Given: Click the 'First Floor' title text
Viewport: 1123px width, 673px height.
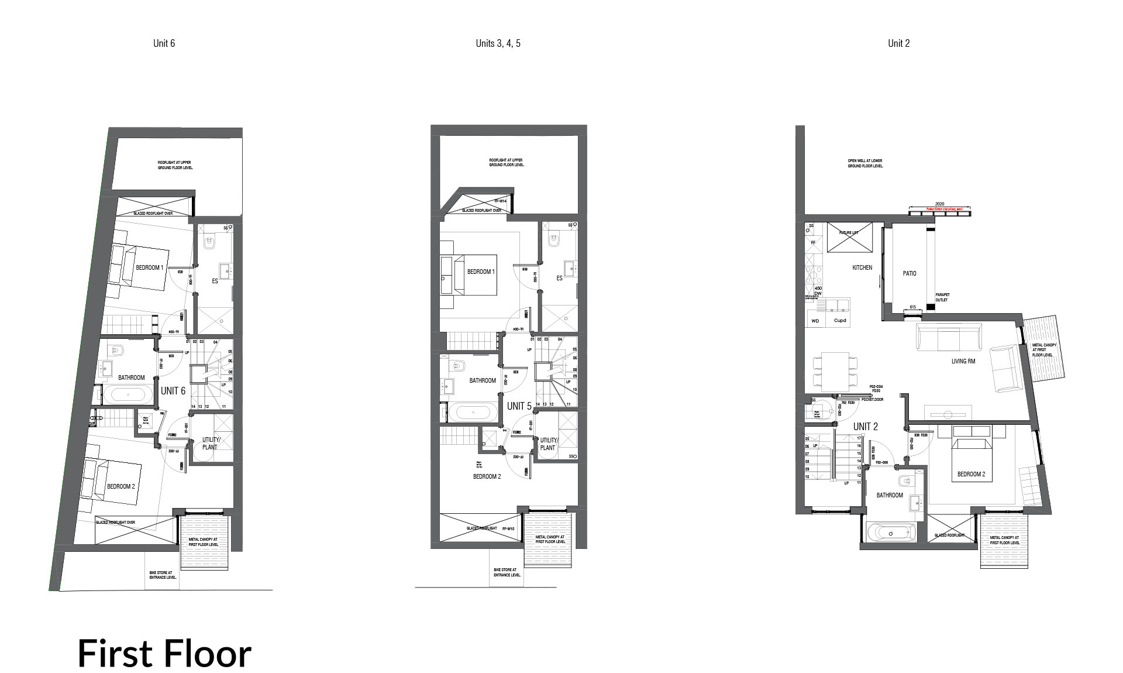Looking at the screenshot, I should [164, 654].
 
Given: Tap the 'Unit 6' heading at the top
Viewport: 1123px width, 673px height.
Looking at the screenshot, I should [164, 43].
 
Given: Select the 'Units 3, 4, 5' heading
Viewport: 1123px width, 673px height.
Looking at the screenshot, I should [498, 43].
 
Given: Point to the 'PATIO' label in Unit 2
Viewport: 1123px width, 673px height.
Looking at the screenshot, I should [910, 273].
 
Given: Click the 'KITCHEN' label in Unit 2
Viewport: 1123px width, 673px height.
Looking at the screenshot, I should [862, 267].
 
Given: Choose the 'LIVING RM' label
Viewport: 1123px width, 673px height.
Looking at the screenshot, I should [963, 361].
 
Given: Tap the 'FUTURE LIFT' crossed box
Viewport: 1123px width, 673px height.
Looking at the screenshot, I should [849, 237].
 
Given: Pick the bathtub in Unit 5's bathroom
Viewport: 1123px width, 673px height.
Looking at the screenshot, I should [473, 413].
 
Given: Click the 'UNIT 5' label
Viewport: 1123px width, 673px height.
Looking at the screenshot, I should [519, 406].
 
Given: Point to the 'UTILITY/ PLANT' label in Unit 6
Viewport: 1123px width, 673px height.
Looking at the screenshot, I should [211, 443].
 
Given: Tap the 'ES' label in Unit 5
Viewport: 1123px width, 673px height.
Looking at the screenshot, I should [559, 278].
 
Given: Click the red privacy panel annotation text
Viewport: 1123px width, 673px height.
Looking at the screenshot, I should [939, 208].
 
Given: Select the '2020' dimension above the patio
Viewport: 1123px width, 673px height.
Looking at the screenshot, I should [939, 204].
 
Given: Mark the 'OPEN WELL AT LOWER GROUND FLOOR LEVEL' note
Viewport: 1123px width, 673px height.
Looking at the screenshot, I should [865, 163].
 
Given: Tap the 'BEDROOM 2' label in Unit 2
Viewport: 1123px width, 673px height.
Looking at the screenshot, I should [971, 474].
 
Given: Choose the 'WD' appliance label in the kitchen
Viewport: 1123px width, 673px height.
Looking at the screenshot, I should [815, 321].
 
